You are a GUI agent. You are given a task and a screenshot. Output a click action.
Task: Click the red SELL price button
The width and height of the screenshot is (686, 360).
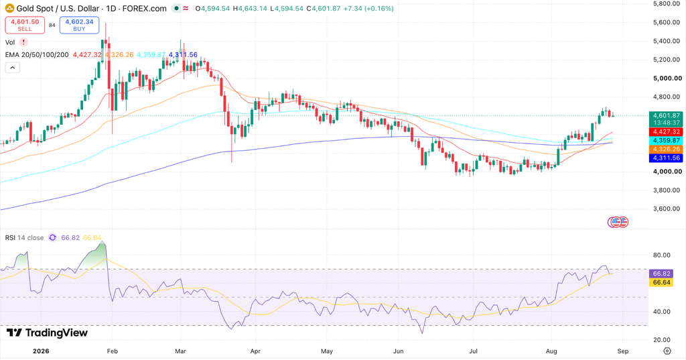tap(25, 25)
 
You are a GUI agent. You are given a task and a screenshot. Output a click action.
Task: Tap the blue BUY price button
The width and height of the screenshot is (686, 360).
tap(79, 25)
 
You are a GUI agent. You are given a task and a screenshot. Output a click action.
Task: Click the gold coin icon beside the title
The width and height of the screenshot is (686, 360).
tap(9, 8)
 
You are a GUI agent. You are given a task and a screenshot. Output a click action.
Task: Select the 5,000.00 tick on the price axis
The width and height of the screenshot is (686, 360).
tap(667, 78)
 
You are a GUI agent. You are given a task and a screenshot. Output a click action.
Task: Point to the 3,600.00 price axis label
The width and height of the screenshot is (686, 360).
tap(667, 209)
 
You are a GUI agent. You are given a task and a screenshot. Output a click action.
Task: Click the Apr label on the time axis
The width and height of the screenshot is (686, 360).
tap(255, 351)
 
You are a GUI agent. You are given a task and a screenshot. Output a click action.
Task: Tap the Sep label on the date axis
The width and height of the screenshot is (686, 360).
tap(623, 351)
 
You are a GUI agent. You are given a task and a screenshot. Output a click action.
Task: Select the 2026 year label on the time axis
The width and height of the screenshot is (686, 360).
tap(41, 351)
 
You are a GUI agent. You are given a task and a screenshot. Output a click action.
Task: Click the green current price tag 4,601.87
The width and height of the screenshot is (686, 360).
tap(666, 119)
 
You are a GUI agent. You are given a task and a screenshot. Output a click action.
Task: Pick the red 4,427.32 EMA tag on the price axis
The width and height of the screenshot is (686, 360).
tap(666, 132)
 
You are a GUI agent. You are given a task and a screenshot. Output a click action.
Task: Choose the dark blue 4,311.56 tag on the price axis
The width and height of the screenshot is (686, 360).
tap(666, 158)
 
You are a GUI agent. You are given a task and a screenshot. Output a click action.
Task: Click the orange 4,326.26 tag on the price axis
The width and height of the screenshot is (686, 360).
tap(666, 149)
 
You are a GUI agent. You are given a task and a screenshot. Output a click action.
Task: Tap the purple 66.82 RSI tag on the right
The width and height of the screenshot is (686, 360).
tap(661, 274)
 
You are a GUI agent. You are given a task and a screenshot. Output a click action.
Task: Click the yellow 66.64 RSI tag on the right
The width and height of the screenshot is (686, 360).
tap(661, 282)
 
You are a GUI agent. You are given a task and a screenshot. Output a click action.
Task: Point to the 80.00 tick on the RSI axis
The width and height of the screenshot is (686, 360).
tap(661, 255)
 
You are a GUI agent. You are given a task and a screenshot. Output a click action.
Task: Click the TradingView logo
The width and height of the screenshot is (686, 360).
tap(48, 333)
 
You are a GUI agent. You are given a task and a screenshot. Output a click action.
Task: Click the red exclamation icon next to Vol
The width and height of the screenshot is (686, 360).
tap(23, 42)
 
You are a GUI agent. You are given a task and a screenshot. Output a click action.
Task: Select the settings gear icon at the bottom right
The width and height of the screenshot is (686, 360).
tap(667, 351)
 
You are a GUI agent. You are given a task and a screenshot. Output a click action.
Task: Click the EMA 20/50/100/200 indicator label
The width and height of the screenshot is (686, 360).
tap(37, 55)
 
